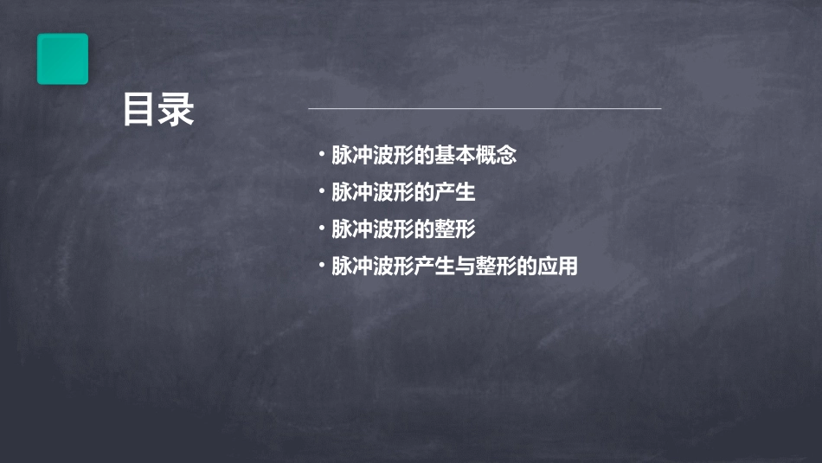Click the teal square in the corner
pyautogui.click(x=62, y=59)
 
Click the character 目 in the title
pyautogui.click(x=139, y=110)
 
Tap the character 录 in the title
pyautogui.click(x=177, y=110)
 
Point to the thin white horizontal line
pyautogui.click(x=485, y=109)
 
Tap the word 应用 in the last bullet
pyautogui.click(x=557, y=267)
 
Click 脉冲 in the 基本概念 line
pyautogui.click(x=352, y=156)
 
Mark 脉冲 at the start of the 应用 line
pyautogui.click(x=352, y=267)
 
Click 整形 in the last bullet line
pyautogui.click(x=485, y=267)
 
